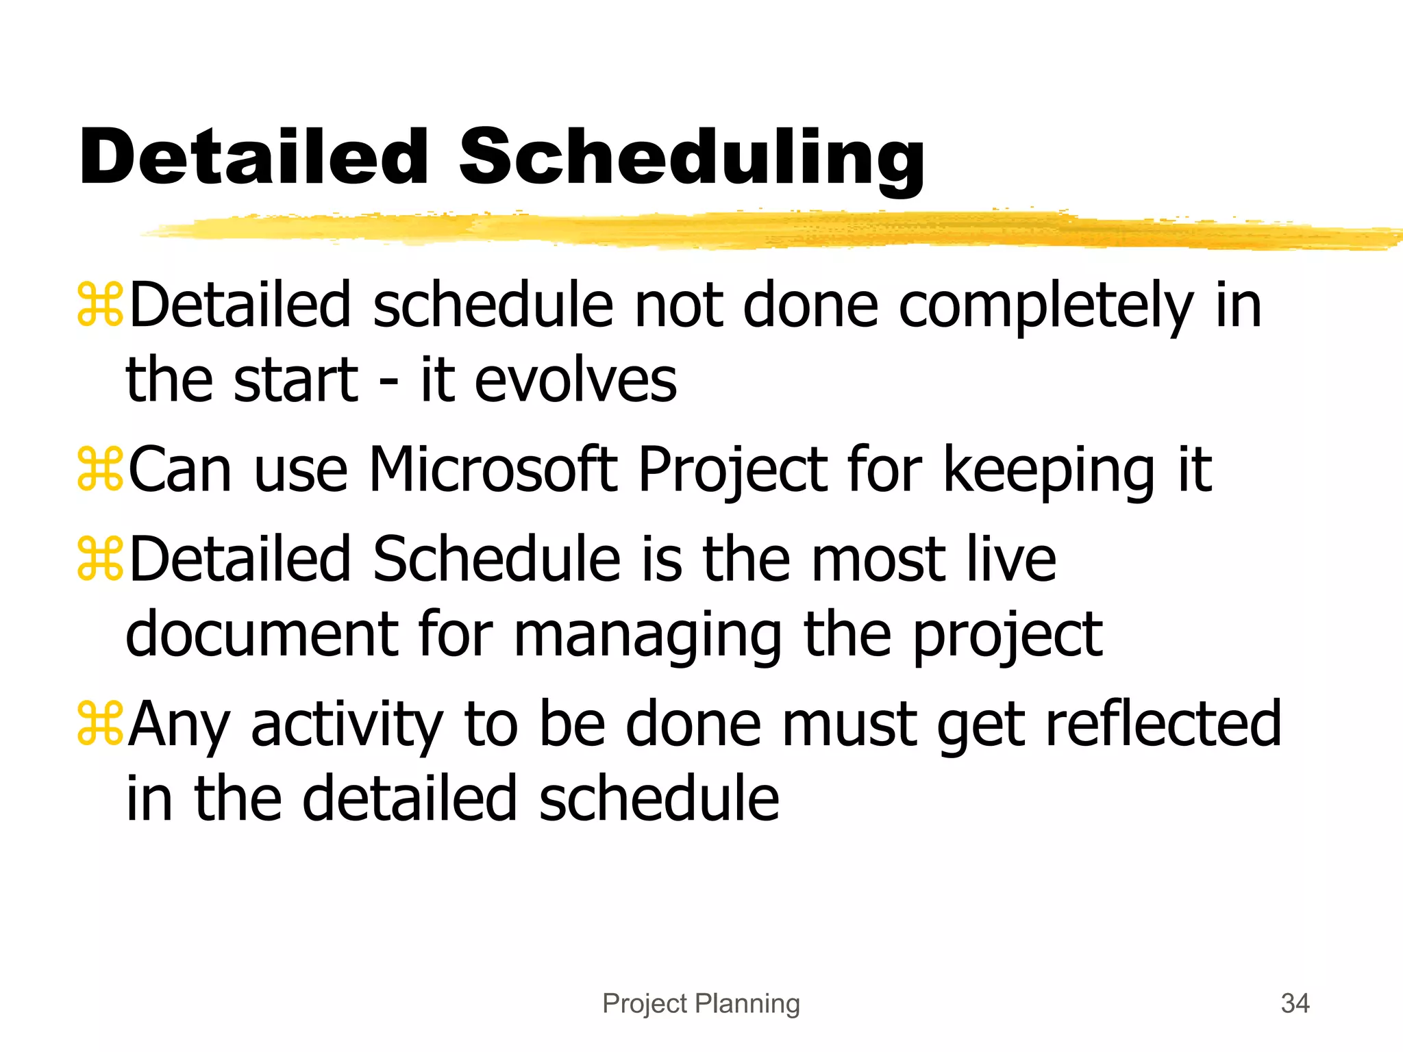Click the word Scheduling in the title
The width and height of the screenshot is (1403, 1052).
point(691,159)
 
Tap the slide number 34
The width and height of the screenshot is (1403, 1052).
point(1295,1003)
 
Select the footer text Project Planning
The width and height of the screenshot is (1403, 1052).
point(701,1003)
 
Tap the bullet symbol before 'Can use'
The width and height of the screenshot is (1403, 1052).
point(100,469)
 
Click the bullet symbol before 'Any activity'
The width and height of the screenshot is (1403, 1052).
point(100,723)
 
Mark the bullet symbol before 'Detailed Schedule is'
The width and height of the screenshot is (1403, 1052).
point(100,558)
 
